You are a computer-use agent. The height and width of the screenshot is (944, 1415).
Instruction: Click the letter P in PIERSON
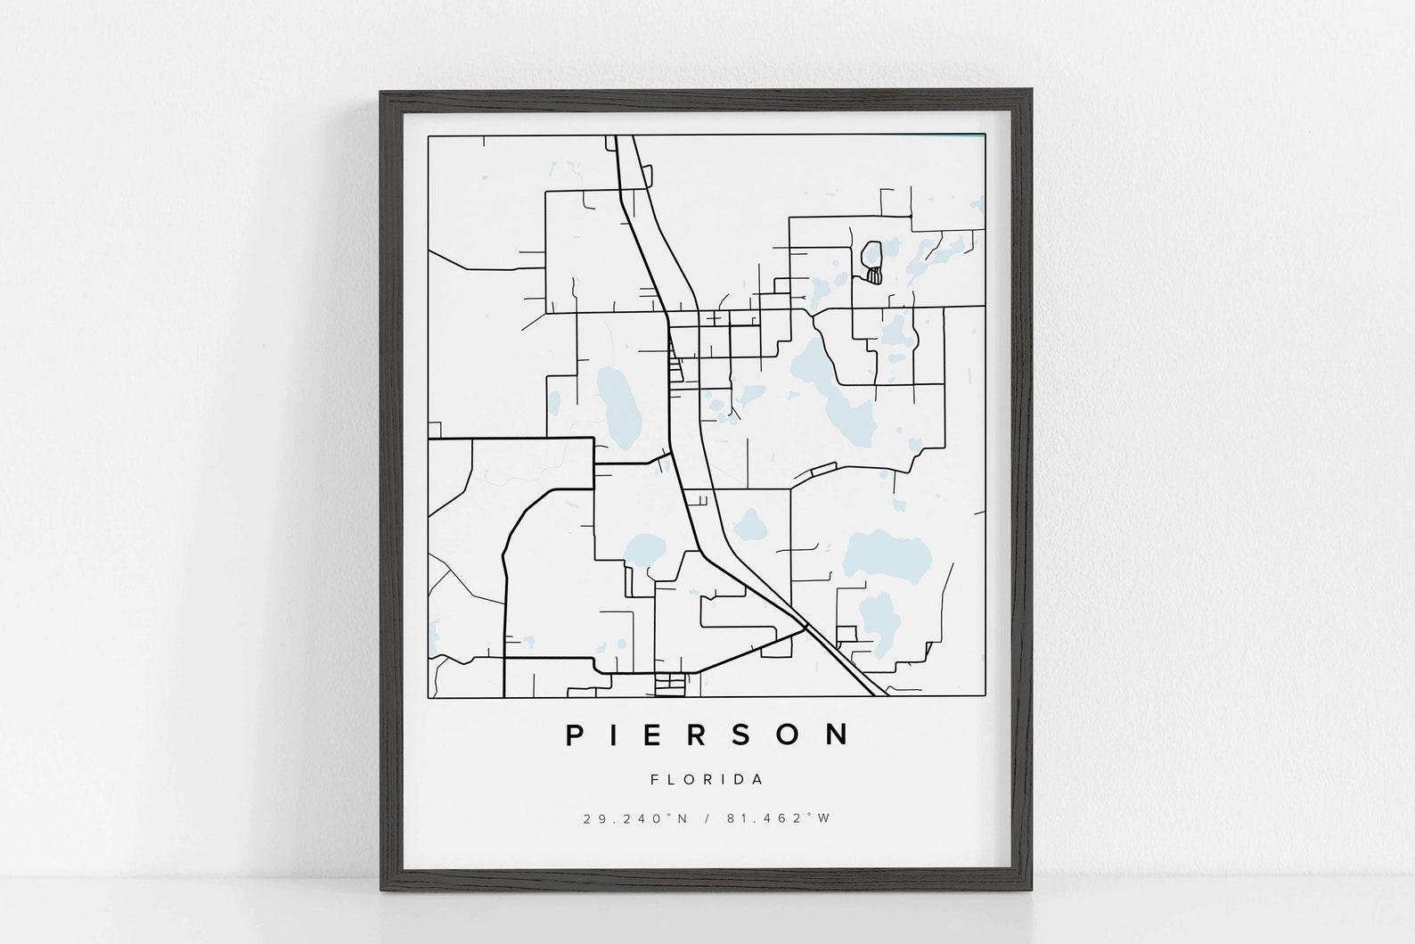(576, 735)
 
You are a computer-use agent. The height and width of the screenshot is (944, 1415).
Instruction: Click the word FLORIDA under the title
(707, 779)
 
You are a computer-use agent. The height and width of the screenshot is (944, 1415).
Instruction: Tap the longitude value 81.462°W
(778, 818)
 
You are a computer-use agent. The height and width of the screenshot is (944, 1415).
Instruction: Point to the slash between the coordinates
(707, 818)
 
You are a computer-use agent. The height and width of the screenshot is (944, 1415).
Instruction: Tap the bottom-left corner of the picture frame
(382, 896)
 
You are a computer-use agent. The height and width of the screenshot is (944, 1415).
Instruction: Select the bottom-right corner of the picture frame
(1032, 896)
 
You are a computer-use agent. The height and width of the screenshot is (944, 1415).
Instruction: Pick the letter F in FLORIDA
(655, 779)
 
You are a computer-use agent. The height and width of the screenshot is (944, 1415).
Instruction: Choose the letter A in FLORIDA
(758, 779)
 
